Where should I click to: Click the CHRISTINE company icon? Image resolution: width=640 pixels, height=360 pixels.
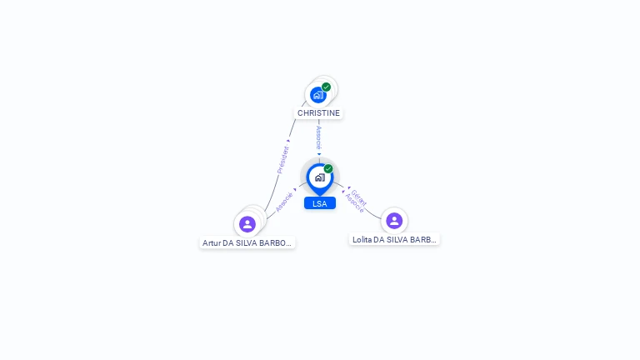(317, 95)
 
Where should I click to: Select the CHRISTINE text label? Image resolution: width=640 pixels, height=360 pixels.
(319, 112)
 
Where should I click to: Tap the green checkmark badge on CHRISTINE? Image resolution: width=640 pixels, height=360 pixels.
(327, 87)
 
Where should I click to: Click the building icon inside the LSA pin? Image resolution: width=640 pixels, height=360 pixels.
(319, 177)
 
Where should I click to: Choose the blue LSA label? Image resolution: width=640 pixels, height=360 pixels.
(319, 203)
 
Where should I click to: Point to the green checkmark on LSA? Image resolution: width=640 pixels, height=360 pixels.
(328, 168)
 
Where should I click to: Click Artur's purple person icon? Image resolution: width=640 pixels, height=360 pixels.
(247, 224)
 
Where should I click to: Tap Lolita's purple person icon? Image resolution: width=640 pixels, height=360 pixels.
(394, 221)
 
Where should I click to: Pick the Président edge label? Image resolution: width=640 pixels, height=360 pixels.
(282, 159)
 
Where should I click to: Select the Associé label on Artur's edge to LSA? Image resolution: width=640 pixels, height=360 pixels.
(284, 202)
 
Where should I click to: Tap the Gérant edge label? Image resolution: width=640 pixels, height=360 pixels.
(359, 197)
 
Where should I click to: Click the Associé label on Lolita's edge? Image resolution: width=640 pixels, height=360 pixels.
(354, 203)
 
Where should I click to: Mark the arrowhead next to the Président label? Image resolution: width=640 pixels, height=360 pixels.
(289, 141)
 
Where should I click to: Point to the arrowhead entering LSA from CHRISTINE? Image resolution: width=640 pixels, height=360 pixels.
(319, 153)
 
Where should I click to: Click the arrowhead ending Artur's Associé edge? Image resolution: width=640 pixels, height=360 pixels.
(296, 189)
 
